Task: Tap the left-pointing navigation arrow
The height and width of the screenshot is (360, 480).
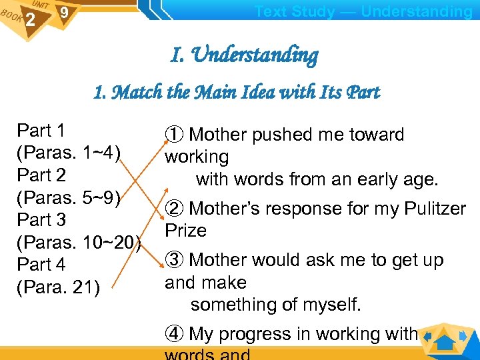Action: (427, 336)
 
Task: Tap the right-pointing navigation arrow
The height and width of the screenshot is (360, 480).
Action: (463, 336)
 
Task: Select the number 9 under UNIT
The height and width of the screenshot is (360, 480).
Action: (63, 13)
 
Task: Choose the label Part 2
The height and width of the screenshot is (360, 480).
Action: (41, 175)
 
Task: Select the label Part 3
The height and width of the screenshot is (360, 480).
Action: (41, 220)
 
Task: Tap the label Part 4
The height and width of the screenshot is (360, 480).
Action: (41, 265)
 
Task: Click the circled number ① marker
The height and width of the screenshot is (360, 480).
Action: (174, 135)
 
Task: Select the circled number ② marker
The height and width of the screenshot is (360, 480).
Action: (174, 209)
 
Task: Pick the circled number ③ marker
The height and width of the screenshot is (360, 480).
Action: (174, 260)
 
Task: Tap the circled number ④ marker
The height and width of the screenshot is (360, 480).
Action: (174, 334)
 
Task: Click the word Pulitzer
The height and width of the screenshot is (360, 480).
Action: (435, 209)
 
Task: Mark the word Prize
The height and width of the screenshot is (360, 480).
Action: (186, 231)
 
